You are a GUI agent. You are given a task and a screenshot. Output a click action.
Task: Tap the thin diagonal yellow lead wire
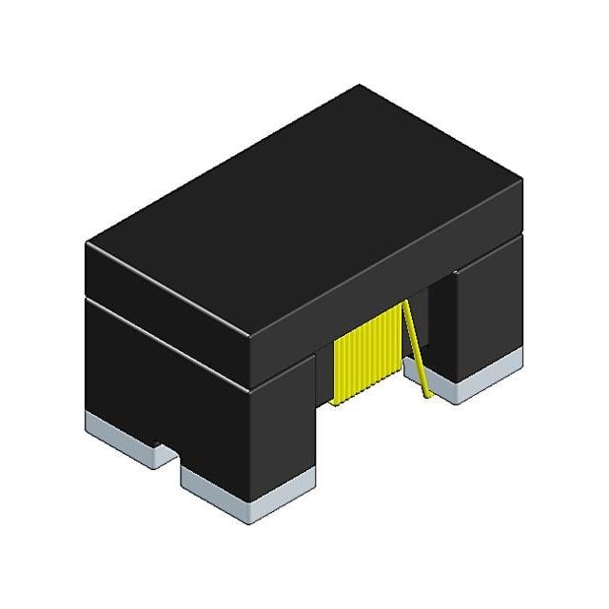pyautogui.click(x=417, y=347)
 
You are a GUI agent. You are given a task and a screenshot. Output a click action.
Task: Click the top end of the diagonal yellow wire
pyautogui.click(x=407, y=303)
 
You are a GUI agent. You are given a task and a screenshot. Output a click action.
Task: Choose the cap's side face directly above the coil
pyautogui.click(x=381, y=285)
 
